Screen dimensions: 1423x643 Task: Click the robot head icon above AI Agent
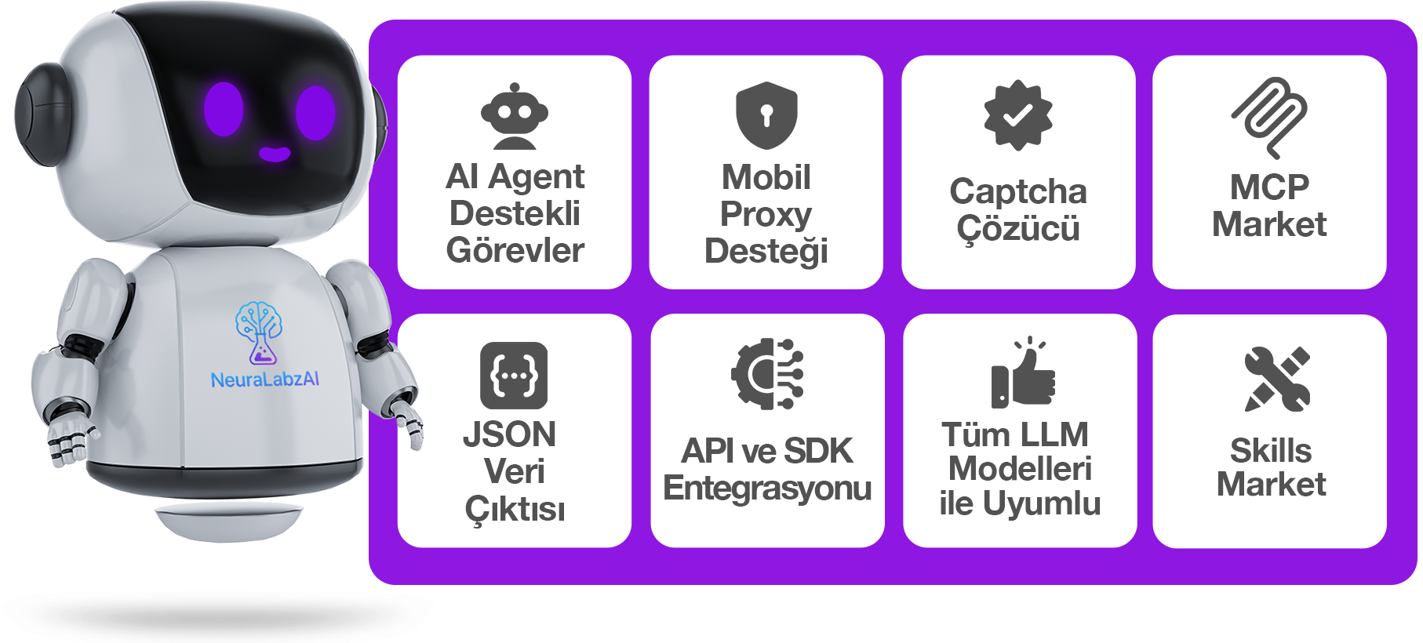click(x=515, y=116)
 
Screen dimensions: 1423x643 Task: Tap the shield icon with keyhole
click(x=766, y=115)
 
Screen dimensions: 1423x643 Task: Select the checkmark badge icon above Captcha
click(x=1018, y=115)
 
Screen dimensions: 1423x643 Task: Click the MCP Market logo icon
click(x=1269, y=118)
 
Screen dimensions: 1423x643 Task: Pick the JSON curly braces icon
click(x=514, y=376)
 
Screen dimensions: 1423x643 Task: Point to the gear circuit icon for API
click(x=767, y=374)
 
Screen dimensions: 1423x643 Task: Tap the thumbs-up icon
click(x=1023, y=373)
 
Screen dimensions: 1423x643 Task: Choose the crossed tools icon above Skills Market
click(x=1277, y=379)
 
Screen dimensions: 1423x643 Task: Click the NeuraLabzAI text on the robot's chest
click(x=265, y=380)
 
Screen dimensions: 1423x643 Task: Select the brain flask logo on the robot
click(x=259, y=333)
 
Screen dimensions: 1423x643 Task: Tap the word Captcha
click(x=1018, y=191)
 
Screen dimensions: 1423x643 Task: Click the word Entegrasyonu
click(x=767, y=488)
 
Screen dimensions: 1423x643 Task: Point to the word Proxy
click(x=766, y=215)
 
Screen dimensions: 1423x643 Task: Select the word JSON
click(x=510, y=434)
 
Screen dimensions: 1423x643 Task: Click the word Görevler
click(x=515, y=250)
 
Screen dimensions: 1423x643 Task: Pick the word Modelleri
click(x=1020, y=469)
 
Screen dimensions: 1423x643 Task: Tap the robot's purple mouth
click(x=275, y=154)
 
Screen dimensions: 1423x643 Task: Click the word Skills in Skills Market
click(x=1271, y=451)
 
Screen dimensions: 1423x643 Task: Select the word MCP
click(x=1269, y=187)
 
